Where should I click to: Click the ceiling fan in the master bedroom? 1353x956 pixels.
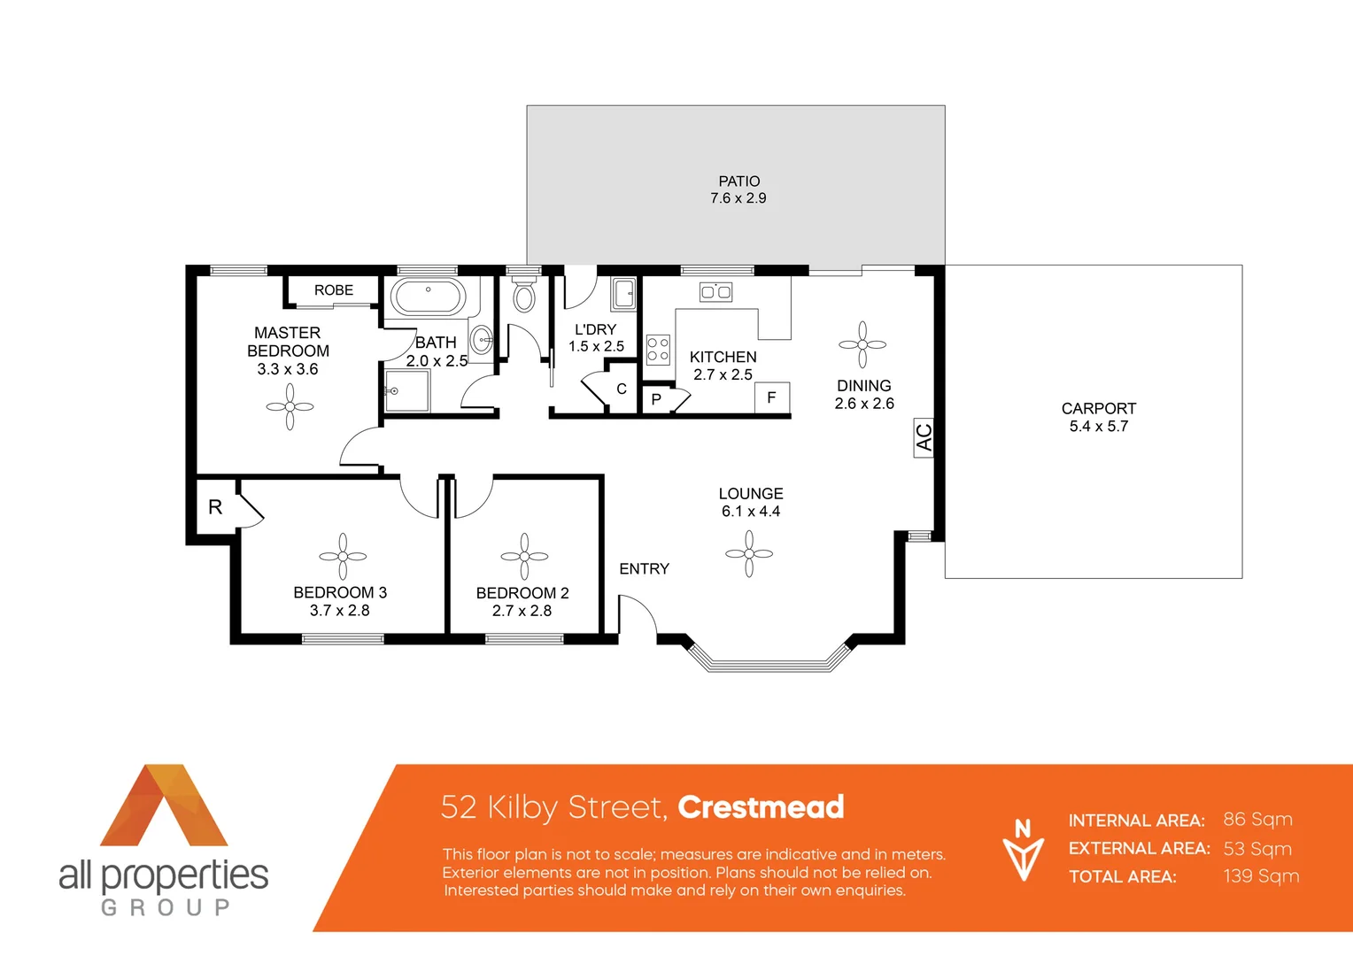(290, 407)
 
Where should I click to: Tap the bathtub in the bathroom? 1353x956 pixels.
(429, 297)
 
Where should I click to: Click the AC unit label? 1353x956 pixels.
(924, 437)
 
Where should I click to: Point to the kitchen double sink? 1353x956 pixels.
(715, 292)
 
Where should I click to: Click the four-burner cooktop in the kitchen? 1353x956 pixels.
(658, 350)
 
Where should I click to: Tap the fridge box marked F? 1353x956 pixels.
(771, 398)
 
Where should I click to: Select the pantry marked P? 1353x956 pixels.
(656, 399)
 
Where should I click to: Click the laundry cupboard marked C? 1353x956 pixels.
(621, 389)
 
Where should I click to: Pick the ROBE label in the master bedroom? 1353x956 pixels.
(334, 290)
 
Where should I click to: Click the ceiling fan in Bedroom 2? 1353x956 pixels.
(524, 557)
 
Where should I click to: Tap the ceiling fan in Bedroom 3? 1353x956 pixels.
(343, 557)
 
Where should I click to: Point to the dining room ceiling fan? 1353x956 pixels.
(862, 344)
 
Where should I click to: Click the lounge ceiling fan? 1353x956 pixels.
(749, 554)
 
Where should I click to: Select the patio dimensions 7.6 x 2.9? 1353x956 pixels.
(738, 198)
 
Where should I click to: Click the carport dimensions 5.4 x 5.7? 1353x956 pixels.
(1098, 427)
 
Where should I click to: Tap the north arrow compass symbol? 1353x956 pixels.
(1023, 851)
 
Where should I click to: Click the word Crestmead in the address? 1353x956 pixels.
(761, 807)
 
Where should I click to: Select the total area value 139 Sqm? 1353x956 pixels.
(1261, 876)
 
